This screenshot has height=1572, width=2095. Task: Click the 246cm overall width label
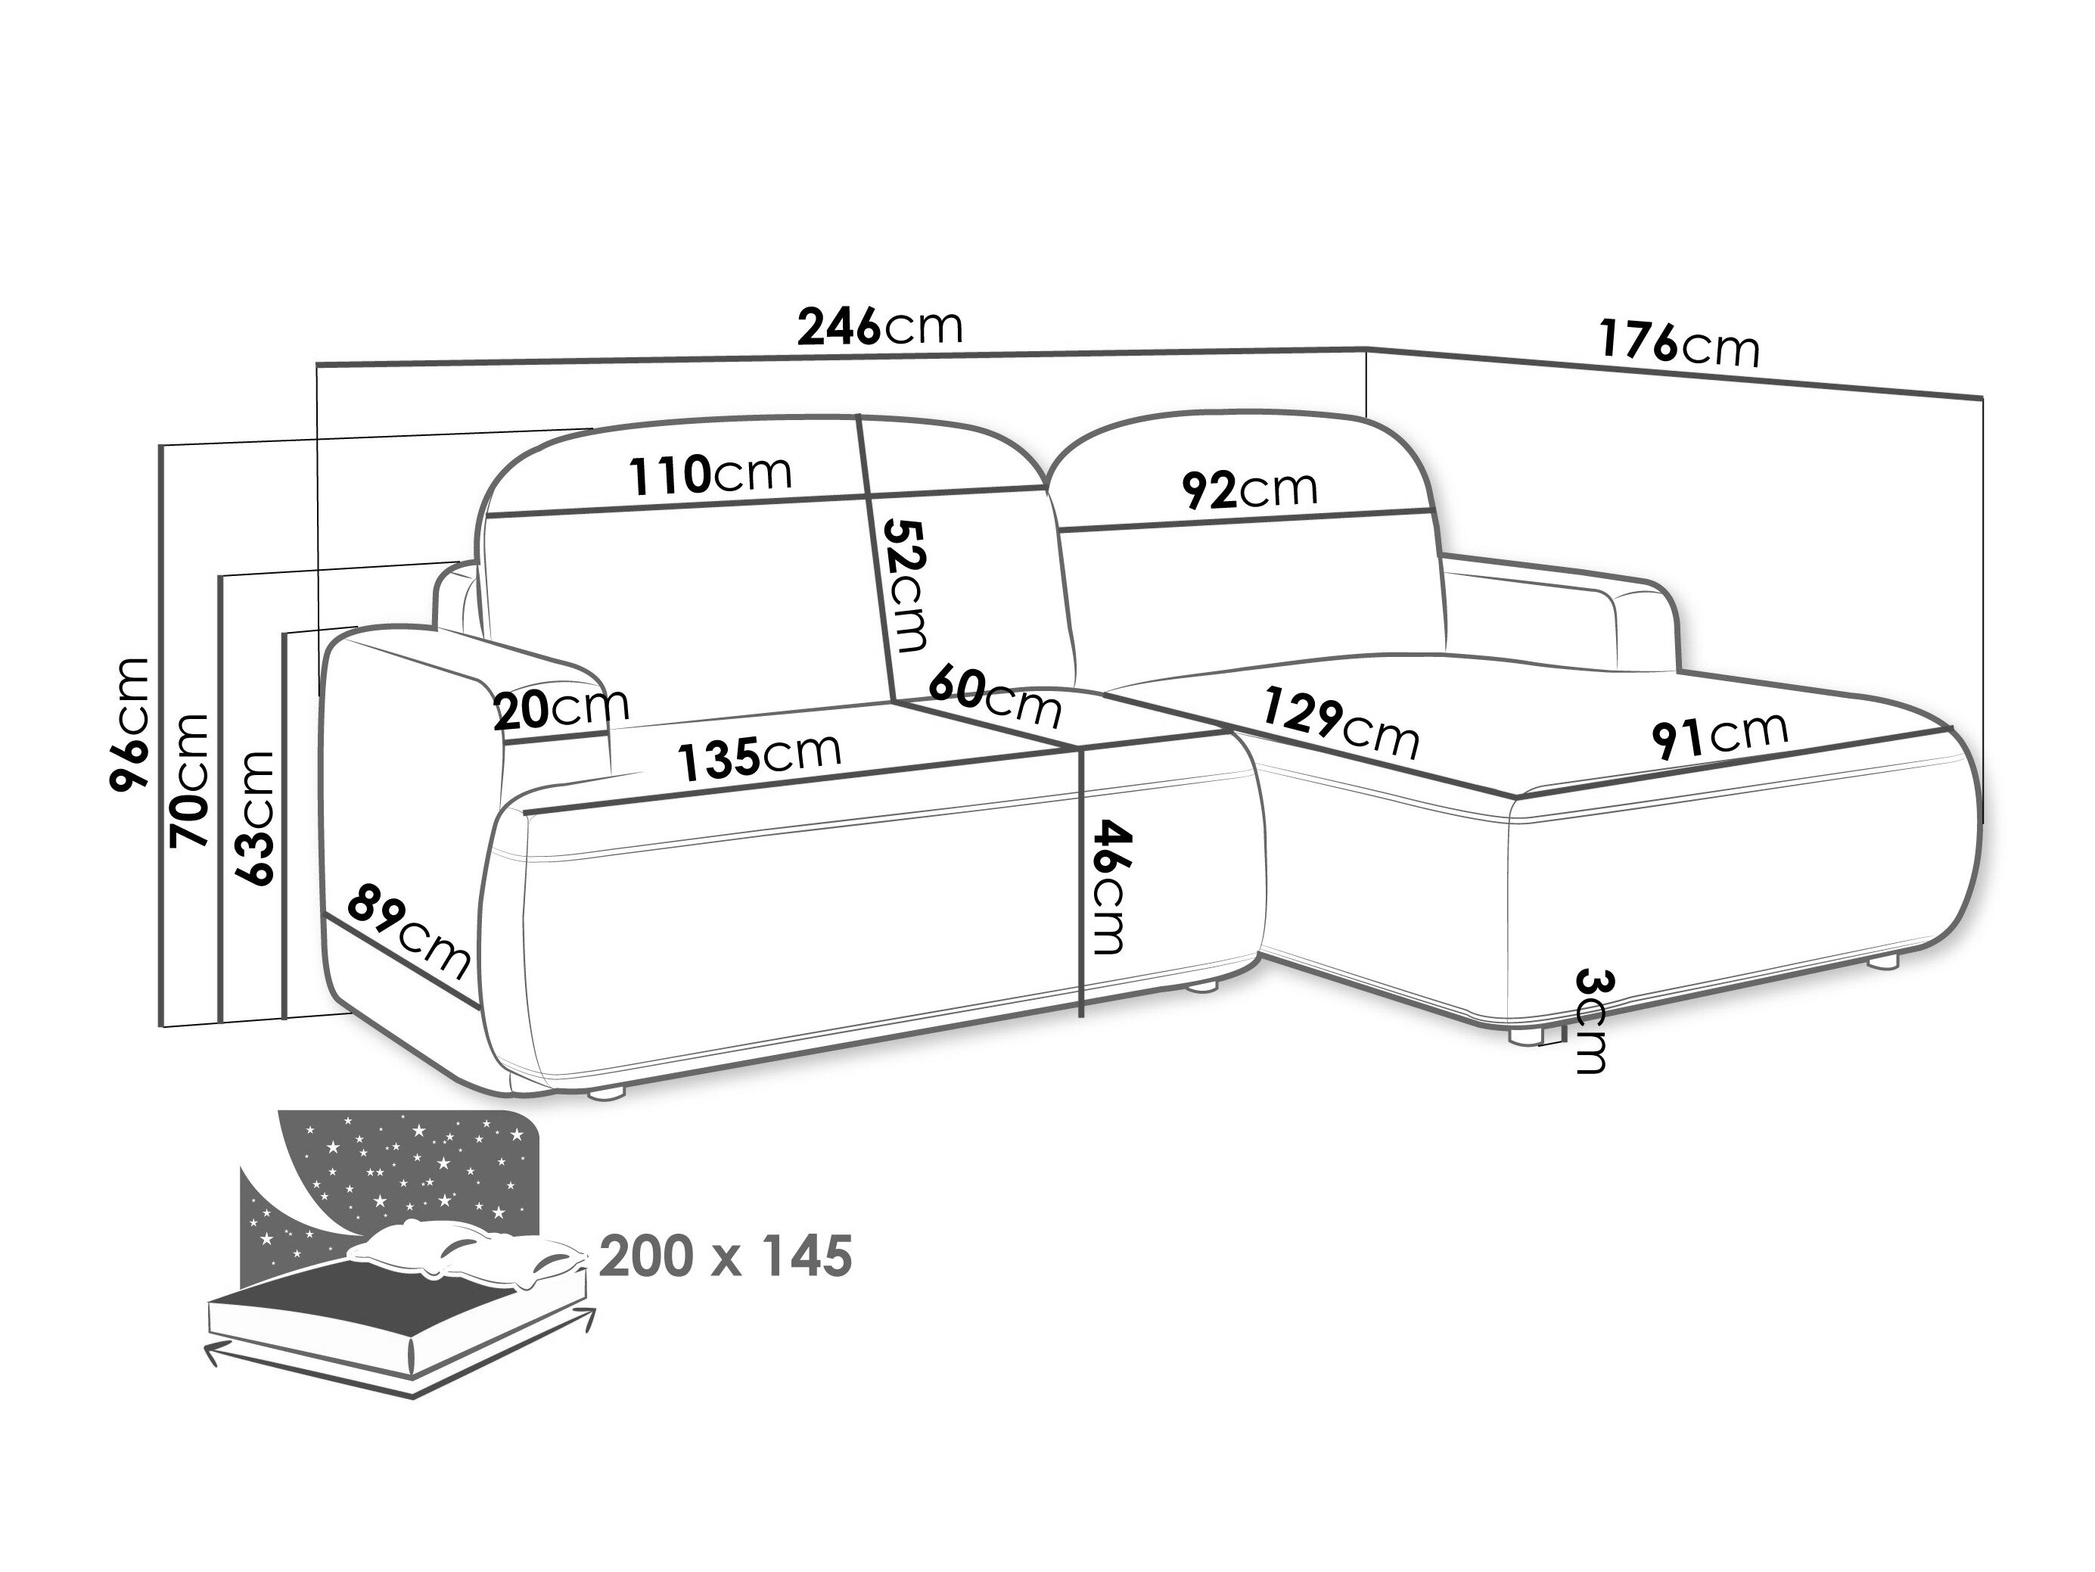point(880,327)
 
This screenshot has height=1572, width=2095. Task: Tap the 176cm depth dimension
point(1679,343)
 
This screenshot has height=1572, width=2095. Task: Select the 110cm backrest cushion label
point(710,474)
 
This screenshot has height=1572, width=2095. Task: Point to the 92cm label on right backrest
point(1249,490)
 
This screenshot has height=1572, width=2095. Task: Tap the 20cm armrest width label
point(561,708)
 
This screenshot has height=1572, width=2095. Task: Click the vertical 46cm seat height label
point(1109,886)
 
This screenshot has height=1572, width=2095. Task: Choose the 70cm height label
point(189,780)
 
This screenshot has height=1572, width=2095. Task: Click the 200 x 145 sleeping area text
point(726,1257)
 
